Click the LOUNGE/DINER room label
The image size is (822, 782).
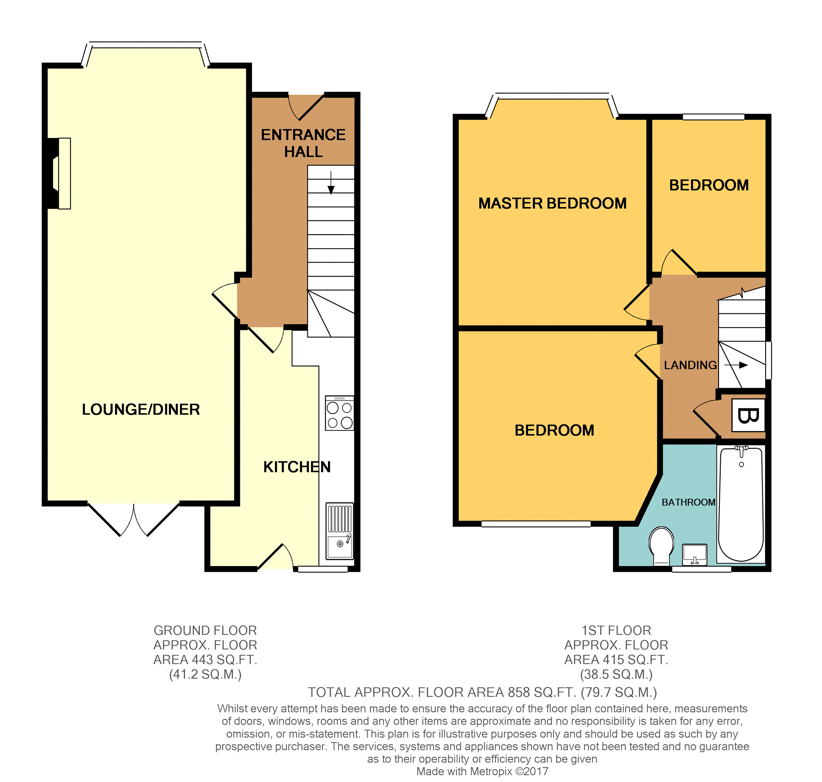[140, 409]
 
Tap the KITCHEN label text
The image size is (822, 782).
[297, 467]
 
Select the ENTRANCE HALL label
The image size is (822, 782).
[303, 143]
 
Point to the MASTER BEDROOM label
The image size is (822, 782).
[552, 203]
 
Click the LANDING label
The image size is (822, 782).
[690, 365]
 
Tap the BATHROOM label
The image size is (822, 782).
[688, 502]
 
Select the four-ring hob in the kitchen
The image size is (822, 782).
[339, 413]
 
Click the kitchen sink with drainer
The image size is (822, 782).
[340, 531]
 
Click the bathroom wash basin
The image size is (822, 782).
[695, 555]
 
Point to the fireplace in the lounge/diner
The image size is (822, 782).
[59, 173]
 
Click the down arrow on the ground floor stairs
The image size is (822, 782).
[331, 183]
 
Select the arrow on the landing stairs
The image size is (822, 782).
[736, 365]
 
